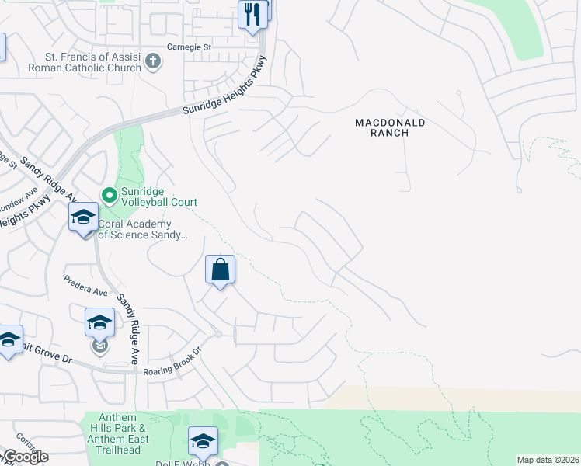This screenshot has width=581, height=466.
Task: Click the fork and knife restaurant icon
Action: point(252,15)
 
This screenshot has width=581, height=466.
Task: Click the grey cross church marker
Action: point(153,61)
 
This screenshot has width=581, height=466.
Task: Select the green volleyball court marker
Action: point(110,196)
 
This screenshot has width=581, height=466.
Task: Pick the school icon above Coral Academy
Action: point(83,218)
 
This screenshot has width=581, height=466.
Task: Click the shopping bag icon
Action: point(221,270)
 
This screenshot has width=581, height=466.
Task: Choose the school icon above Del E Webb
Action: point(203,441)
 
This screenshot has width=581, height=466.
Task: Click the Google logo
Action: point(25,457)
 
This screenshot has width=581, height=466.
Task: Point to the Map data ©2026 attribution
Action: point(548,460)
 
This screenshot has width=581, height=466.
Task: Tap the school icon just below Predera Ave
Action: point(99,322)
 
